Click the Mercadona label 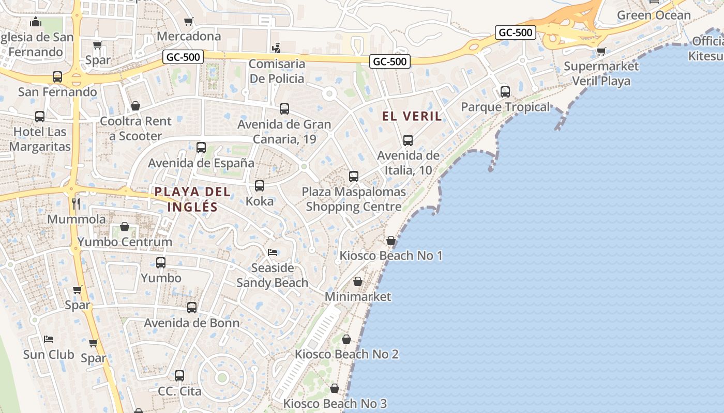(189, 36)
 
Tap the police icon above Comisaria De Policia (276, 49)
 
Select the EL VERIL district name (412, 116)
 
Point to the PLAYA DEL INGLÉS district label (192, 199)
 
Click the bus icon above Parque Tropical (505, 92)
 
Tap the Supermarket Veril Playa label (601, 73)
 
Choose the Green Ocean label (654, 15)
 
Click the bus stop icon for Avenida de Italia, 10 (408, 140)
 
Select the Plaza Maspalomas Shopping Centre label (354, 199)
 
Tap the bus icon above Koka (260, 186)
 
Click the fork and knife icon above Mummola (76, 204)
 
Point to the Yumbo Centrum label (125, 242)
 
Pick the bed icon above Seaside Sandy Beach (273, 252)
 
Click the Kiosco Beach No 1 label (391, 256)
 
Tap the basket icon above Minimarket (357, 282)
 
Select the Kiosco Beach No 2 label (346, 354)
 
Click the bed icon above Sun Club (49, 339)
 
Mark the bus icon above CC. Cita (179, 376)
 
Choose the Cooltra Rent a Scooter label (135, 129)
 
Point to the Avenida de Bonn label (192, 323)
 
